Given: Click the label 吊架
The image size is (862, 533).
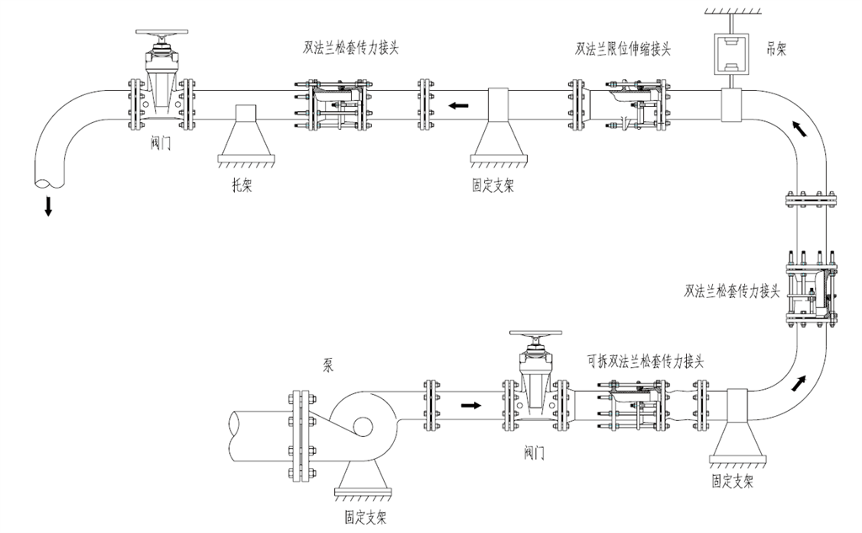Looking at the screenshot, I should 776,51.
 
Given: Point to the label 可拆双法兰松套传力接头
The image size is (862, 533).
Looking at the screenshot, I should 645,361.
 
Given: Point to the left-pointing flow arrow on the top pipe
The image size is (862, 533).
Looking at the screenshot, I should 459,106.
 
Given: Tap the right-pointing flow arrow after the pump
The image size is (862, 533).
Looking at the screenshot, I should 472,406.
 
